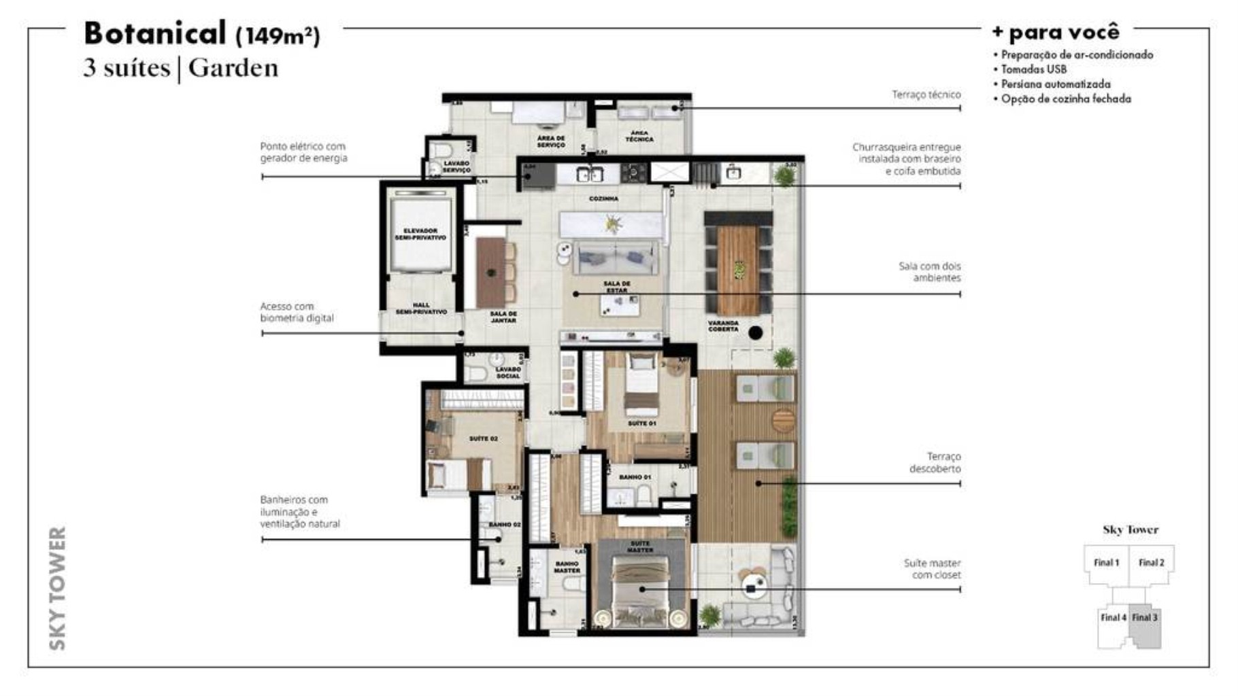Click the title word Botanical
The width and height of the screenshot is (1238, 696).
click(154, 33)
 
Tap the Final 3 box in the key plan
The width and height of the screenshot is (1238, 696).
click(1144, 617)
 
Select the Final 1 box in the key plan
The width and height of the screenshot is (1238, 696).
click(1106, 563)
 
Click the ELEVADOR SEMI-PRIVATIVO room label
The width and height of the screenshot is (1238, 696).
click(420, 234)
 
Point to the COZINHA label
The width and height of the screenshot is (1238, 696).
click(603, 199)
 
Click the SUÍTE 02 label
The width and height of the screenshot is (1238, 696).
click(483, 439)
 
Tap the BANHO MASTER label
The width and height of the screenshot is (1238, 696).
click(567, 567)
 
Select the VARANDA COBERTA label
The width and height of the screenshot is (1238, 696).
click(723, 326)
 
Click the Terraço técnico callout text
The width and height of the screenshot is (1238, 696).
click(926, 94)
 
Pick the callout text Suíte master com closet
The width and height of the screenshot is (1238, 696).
click(932, 569)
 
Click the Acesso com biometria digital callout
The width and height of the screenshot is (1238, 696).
click(297, 312)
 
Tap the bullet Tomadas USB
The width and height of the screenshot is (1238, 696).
click(1033, 69)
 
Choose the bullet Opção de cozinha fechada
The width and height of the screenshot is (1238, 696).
click(1065, 99)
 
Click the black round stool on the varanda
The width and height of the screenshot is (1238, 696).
click(755, 332)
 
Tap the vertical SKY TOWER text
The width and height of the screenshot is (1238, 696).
click(58, 588)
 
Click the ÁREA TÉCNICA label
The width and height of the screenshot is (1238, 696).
click(639, 136)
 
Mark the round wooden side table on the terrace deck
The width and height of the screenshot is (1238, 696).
click(783, 419)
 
